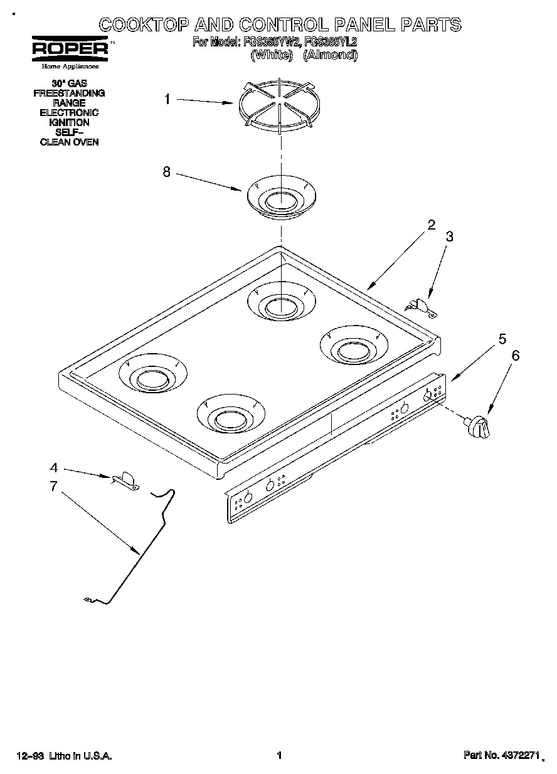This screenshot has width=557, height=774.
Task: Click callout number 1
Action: click(167, 98)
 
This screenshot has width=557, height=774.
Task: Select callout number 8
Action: click(166, 172)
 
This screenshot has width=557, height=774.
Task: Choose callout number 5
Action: click(502, 339)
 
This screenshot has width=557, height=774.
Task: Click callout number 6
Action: click(516, 356)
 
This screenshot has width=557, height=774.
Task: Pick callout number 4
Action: click(54, 467)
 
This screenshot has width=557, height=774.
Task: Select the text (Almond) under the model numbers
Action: click(330, 55)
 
